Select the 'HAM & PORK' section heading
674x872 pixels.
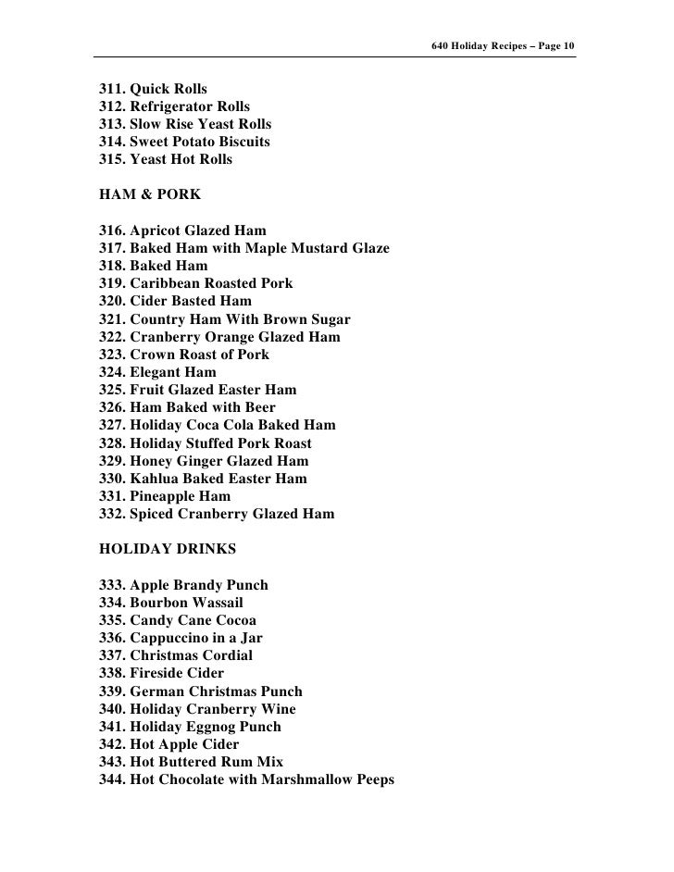(148, 195)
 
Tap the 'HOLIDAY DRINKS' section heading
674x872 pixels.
(167, 549)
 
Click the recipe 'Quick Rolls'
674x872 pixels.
(168, 90)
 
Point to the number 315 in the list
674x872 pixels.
(111, 160)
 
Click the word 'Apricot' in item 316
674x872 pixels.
(156, 230)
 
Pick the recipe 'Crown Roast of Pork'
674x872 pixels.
(200, 355)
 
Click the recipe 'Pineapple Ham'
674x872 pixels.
(181, 496)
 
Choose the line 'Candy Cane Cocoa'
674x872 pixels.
(193, 620)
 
